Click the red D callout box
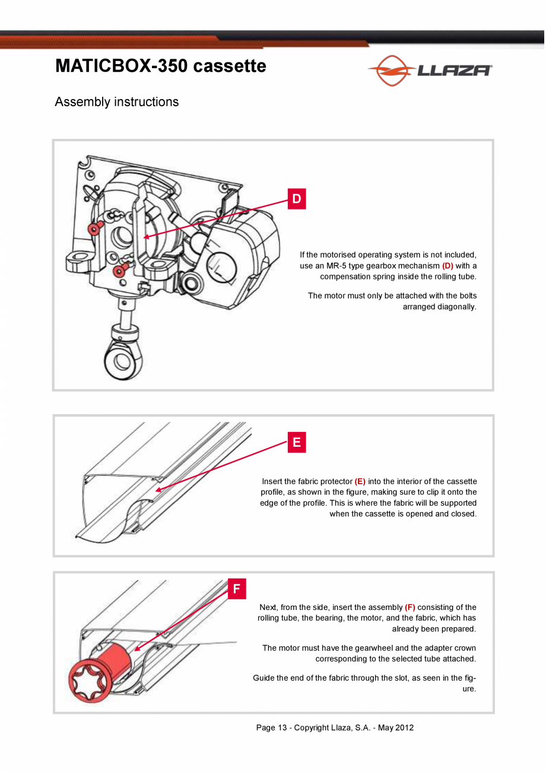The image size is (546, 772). click(297, 199)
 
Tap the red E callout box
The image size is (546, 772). click(297, 442)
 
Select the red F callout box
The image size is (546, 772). click(237, 589)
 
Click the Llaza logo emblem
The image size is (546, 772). click(392, 70)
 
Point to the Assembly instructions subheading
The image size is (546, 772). click(117, 102)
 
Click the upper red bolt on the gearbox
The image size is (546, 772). click(95, 228)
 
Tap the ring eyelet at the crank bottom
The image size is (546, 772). click(123, 359)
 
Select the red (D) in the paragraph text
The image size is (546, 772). click(447, 266)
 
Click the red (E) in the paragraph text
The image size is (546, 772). click(360, 481)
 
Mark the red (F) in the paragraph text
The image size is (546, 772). click(410, 607)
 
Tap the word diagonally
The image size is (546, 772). click(440, 307)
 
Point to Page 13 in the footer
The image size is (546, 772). click(272, 727)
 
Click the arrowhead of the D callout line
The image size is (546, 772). click(146, 237)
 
